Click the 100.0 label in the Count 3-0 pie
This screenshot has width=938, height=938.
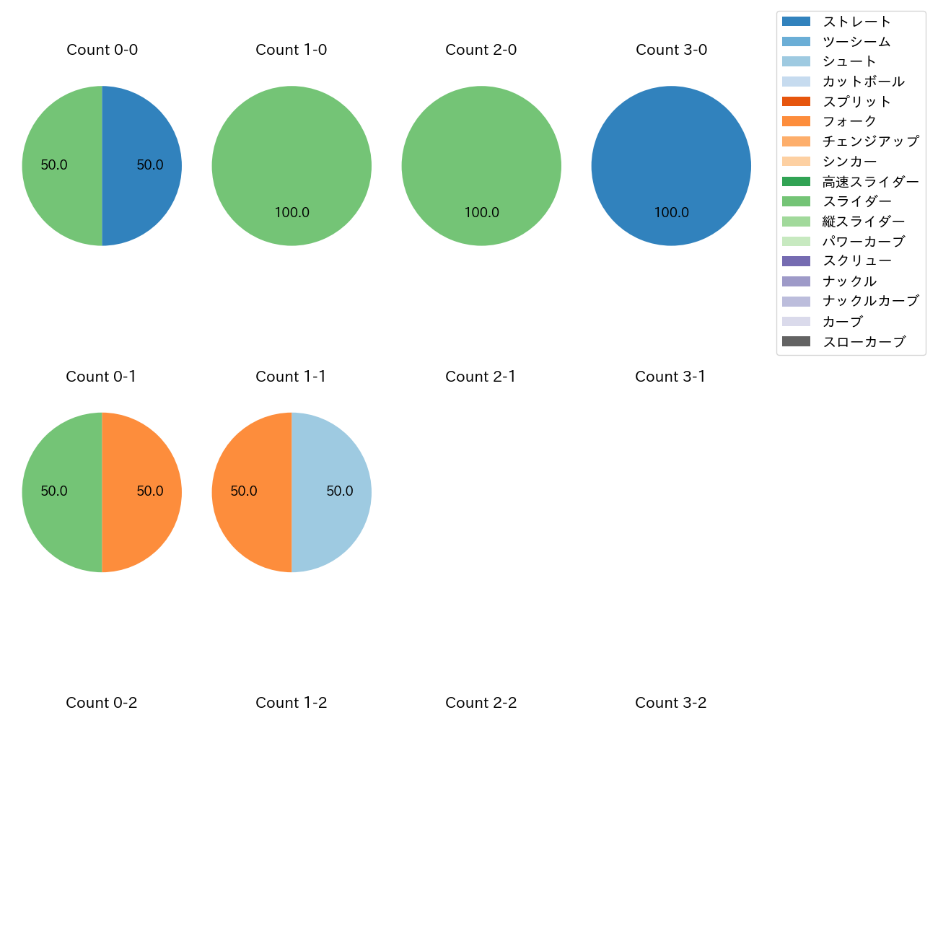[671, 213]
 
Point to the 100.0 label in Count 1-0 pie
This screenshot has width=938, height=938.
[292, 213]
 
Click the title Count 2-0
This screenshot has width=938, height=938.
[481, 50]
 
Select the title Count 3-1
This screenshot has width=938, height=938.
[670, 377]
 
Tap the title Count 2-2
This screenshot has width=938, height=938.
[481, 703]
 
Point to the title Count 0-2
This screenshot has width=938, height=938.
[102, 703]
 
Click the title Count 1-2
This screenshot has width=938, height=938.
[292, 703]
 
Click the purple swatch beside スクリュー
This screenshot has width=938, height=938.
[796, 261]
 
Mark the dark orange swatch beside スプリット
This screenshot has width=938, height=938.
[796, 102]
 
